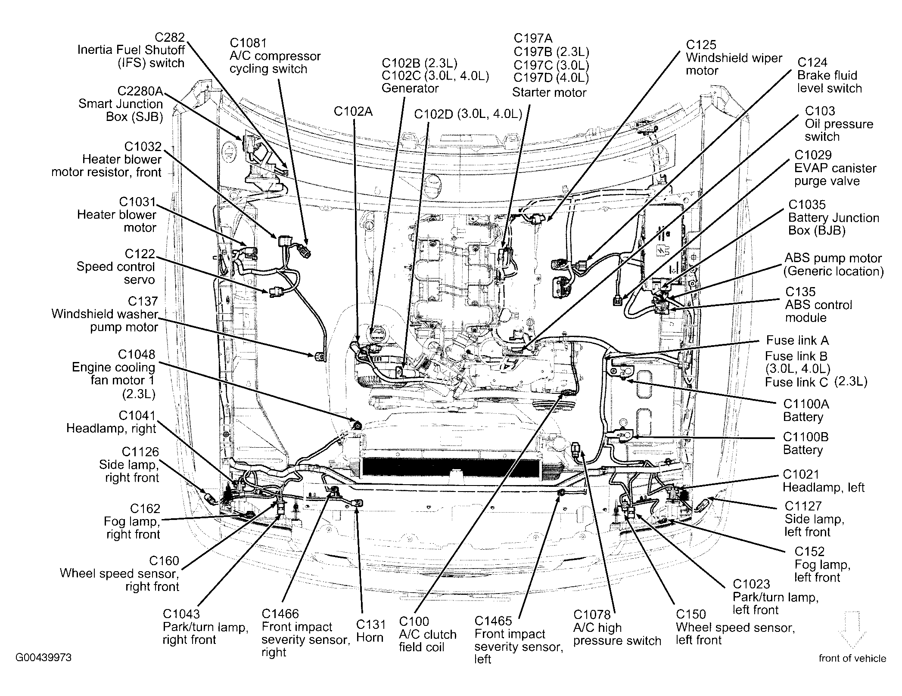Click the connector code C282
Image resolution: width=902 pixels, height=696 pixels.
pos(171,37)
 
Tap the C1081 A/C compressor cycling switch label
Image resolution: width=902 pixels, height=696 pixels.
pos(275,56)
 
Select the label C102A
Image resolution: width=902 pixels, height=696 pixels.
pos(353,112)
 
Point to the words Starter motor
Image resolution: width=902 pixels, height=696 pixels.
pos(549,93)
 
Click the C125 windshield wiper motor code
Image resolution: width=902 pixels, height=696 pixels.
pos(701,45)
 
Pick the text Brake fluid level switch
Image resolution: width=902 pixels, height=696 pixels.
pos(829,82)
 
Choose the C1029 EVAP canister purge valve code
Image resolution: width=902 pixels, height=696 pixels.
pos(813,155)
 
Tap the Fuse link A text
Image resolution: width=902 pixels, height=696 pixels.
pos(797,340)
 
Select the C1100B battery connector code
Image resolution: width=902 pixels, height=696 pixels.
pos(806,437)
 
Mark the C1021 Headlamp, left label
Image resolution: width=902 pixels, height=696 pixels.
pos(824,481)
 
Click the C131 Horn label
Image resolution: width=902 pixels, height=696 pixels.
pos(370,631)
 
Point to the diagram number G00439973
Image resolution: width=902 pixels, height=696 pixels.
pos(44,658)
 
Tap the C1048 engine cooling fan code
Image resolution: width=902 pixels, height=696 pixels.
pos(137,355)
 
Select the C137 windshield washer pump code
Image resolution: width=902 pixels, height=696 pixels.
pos(143,301)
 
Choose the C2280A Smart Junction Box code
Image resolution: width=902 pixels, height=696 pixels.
pos(140,91)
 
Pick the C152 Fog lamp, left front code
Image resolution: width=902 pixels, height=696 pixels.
pos(809,551)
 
